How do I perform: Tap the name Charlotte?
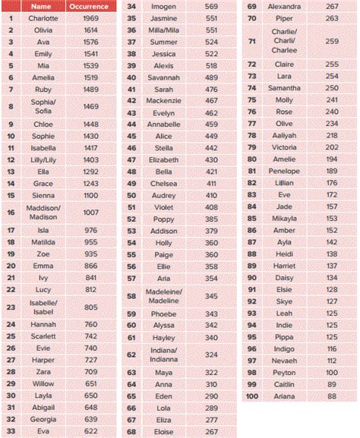(43, 18)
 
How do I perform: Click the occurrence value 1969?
(91, 18)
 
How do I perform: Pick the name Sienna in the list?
(43, 195)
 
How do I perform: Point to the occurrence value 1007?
(91, 212)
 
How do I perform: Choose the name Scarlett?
(43, 336)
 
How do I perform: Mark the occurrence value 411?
(211, 184)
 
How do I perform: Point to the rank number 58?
(131, 296)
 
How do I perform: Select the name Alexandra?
(284, 6)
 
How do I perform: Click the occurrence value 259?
(332, 41)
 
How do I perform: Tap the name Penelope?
(284, 172)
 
